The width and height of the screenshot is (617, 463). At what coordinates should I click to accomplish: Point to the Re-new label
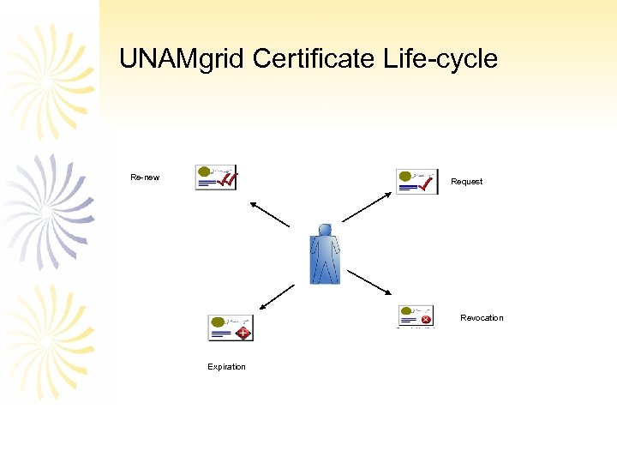[145, 177]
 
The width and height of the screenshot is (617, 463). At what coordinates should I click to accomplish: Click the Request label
[466, 182]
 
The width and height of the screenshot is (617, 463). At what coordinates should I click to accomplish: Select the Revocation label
[482, 318]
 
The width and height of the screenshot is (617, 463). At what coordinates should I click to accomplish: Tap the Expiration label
[226, 367]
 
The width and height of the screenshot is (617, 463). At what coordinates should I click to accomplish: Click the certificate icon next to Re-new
[215, 177]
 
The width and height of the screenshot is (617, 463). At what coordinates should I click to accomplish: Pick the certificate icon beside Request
[416, 182]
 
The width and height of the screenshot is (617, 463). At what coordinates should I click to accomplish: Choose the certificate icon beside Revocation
[416, 316]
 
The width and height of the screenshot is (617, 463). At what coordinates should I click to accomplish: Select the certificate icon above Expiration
[231, 328]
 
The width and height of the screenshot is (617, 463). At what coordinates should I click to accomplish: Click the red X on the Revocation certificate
[426, 320]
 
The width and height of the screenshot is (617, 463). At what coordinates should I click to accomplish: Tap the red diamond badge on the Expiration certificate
[243, 332]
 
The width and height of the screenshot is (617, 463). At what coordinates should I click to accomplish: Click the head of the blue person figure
[325, 230]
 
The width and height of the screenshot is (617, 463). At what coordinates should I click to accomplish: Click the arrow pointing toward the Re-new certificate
[270, 214]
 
